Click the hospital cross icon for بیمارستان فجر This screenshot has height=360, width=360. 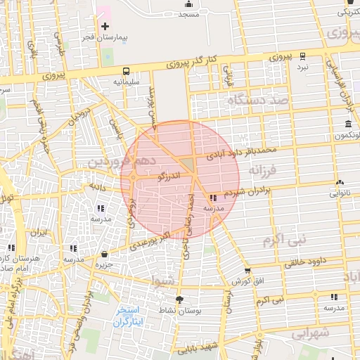(x=105, y=26)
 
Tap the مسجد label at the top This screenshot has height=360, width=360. (x=189, y=14)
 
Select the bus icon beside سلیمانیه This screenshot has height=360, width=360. (x=126, y=71)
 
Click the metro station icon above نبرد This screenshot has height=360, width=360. (x=302, y=56)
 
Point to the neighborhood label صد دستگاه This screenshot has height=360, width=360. (x=257, y=101)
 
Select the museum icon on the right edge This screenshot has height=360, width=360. (x=349, y=124)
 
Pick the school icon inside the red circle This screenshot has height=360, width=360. (x=213, y=198)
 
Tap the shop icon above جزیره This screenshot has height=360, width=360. (x=105, y=254)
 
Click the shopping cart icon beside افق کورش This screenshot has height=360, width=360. (x=247, y=271)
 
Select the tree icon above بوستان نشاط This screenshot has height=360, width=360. (x=180, y=300)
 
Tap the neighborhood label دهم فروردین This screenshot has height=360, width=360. (x=127, y=162)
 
